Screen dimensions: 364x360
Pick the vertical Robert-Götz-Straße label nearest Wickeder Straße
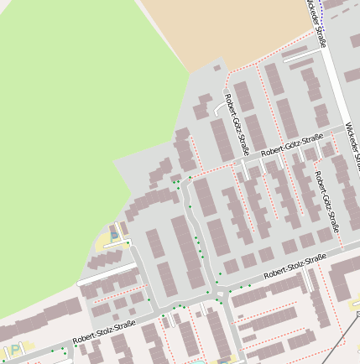[326, 200]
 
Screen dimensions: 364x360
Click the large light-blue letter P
[14, 351]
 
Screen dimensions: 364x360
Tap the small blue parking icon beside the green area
[115, 237]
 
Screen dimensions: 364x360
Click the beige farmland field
[227, 29]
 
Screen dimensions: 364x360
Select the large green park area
[67, 126]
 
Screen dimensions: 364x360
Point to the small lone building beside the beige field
[217, 68]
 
